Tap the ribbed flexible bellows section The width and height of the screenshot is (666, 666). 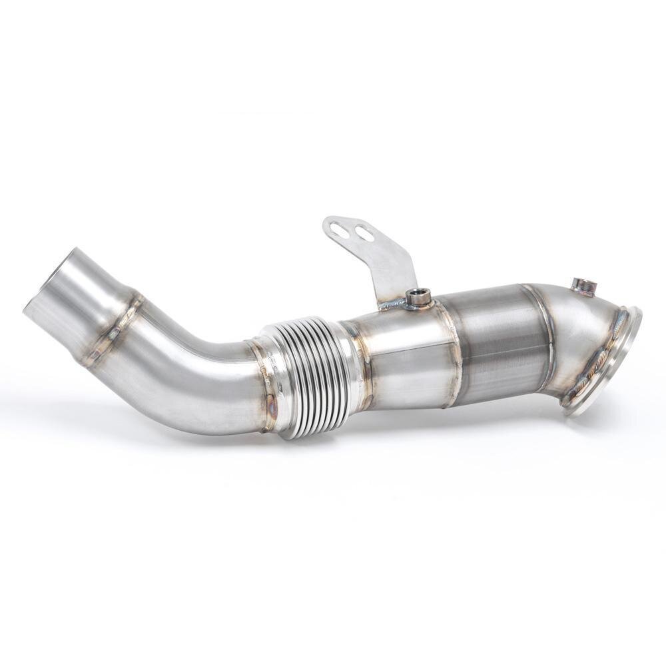click(x=306, y=376)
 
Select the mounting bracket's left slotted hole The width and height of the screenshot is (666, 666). click(x=340, y=229)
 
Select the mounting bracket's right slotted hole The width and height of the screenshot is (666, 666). click(x=364, y=232)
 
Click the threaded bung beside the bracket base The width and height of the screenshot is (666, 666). click(x=419, y=297)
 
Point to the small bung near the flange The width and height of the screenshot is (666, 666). click(x=584, y=286)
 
